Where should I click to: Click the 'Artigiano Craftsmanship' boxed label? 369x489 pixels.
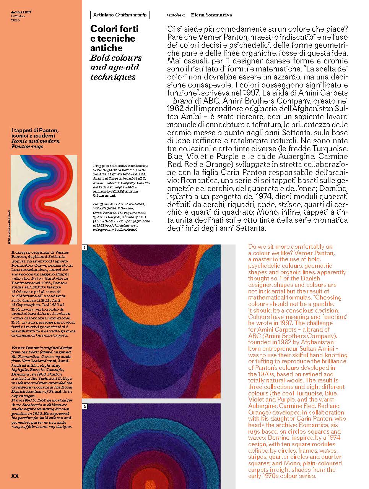pyautogui.click(x=120, y=15)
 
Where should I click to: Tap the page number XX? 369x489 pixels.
pyautogui.click(x=15, y=476)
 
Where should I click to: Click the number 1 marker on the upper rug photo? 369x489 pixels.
pyautogui.click(x=85, y=248)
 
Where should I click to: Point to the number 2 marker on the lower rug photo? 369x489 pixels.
pyautogui.click(x=85, y=406)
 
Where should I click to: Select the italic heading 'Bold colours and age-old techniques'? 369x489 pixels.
pyautogui.click(x=115, y=67)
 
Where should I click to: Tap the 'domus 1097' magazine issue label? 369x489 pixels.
pyautogui.click(x=21, y=12)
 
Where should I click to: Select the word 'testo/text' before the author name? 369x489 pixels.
pyautogui.click(x=176, y=15)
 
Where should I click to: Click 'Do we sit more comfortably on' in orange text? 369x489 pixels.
pyautogui.click(x=290, y=247)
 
